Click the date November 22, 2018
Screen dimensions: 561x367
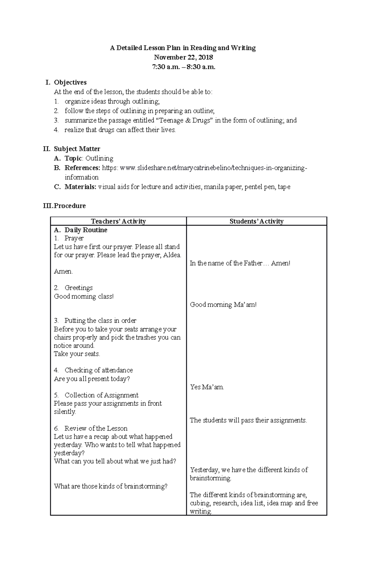pos(183,57)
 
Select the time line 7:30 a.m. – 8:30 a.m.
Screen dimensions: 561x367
pos(183,67)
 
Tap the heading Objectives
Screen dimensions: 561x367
pos(70,83)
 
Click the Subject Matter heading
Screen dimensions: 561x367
pos(77,149)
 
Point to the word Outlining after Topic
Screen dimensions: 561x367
pos(99,158)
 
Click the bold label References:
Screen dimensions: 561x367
pos(82,168)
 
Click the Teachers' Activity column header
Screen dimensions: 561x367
pos(118,221)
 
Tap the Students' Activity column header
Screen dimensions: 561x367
pos(256,221)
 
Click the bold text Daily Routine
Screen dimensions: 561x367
pos(86,230)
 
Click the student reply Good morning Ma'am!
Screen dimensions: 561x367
pos(223,304)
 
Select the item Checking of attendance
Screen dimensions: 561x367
pos(98,370)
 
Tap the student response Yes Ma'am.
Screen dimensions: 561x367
pos(207,387)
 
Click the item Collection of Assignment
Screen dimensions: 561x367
pos(101,395)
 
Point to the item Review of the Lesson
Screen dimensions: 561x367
pos(96,428)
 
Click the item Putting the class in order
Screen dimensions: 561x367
pos(100,321)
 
